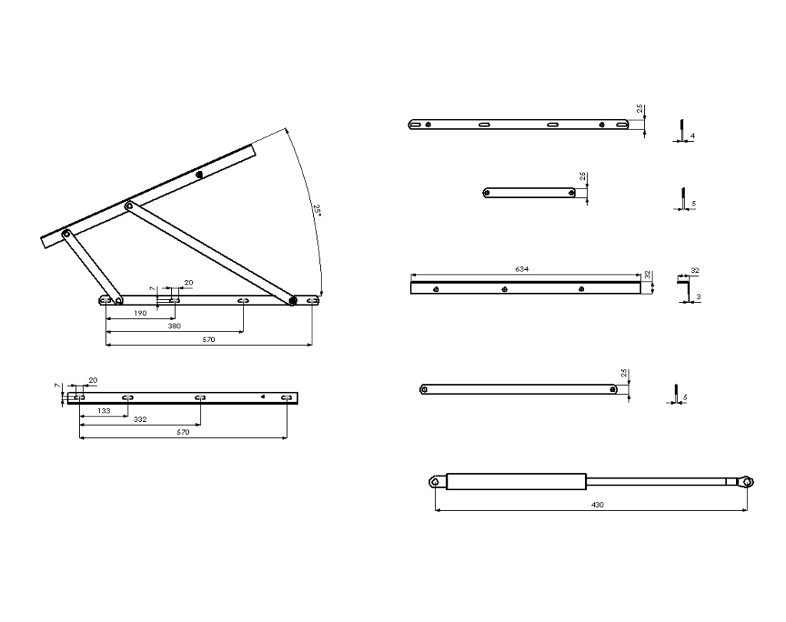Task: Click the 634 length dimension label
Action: point(523,270)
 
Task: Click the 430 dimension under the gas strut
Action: point(597,505)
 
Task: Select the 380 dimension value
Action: point(174,326)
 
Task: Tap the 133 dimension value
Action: point(104,411)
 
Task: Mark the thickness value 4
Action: point(693,136)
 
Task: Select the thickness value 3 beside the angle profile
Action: point(698,296)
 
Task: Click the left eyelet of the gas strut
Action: point(434,482)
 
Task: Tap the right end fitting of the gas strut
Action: point(746,482)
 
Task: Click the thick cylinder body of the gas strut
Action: point(517,482)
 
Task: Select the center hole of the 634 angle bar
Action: point(504,289)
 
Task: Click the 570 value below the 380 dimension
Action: point(209,339)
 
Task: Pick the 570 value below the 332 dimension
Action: point(183,433)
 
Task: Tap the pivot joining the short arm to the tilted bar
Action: point(67,233)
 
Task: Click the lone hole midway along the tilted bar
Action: point(199,174)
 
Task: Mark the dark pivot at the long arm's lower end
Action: point(292,301)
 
